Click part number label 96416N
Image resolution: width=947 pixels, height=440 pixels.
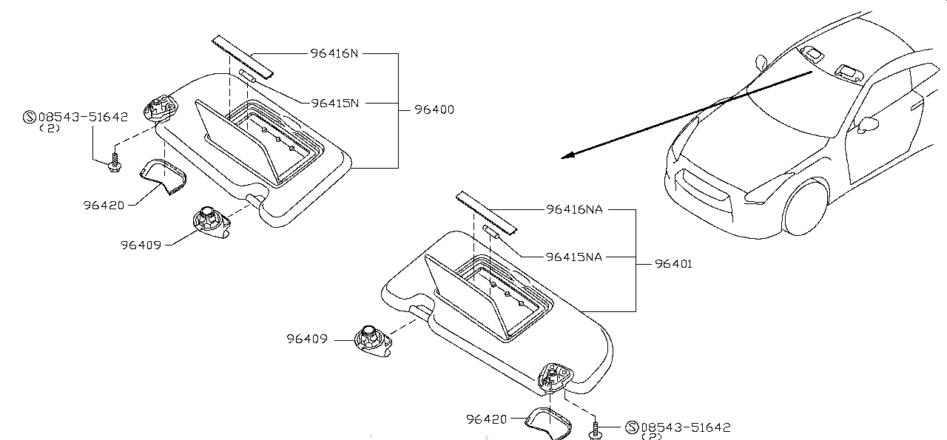[x=334, y=54]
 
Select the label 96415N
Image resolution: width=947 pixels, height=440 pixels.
[x=334, y=103]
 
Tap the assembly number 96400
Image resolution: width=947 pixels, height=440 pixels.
[x=434, y=110]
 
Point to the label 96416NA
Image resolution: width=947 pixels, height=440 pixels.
[x=574, y=209]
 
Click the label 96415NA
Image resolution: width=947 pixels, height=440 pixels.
[x=574, y=257]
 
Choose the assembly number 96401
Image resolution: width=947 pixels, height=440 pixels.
[x=673, y=264]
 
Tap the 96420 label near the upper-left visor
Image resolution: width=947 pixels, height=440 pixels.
[x=104, y=204]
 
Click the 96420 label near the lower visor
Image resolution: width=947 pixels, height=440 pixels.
[x=486, y=419]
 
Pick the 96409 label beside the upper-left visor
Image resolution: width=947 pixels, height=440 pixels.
[x=141, y=243]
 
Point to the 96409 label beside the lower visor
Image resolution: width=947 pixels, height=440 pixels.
[x=308, y=339]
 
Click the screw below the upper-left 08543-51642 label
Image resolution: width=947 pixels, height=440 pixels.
[x=113, y=163]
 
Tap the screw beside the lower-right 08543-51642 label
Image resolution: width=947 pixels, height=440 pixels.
[x=596, y=430]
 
